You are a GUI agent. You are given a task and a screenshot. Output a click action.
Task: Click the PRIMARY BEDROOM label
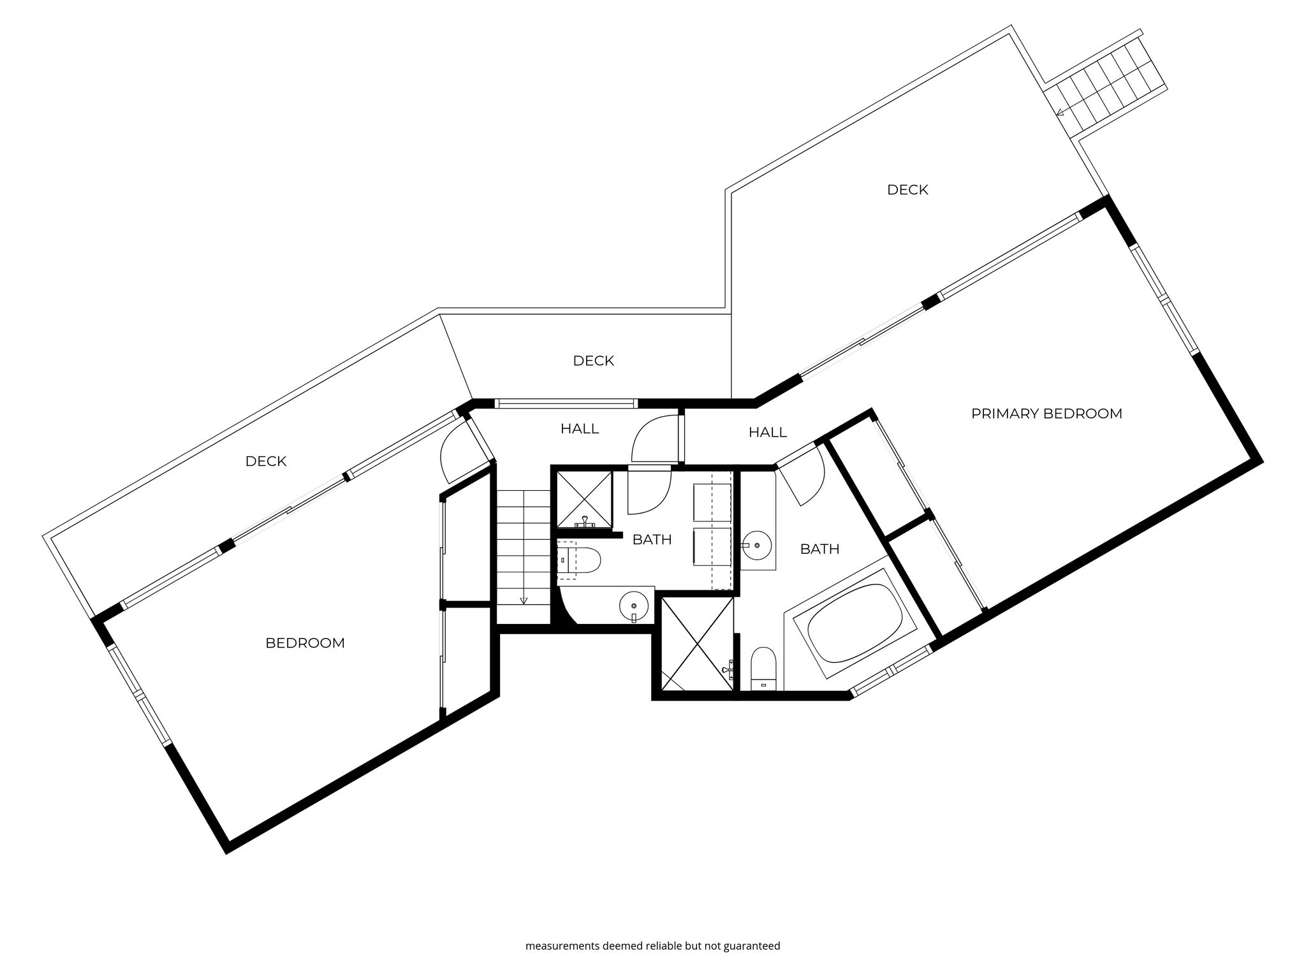click(1046, 414)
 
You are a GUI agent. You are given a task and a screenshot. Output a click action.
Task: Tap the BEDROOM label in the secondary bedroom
click(305, 643)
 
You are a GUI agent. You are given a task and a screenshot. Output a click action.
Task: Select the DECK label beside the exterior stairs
click(907, 190)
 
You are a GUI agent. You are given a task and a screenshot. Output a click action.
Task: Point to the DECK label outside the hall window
click(593, 361)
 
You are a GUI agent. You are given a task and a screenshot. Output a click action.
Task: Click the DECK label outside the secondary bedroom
click(266, 461)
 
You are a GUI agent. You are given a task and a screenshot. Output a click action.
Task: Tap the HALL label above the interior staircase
click(580, 429)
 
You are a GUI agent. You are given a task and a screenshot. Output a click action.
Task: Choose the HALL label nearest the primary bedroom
click(768, 433)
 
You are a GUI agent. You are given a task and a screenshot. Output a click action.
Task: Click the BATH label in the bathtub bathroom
click(820, 549)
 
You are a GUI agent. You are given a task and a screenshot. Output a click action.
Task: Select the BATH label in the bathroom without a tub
click(652, 540)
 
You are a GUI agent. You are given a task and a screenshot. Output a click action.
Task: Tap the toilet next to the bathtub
click(763, 669)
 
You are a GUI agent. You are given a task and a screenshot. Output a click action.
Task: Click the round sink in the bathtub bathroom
click(757, 546)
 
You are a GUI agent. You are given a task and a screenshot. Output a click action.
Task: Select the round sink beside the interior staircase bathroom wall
click(634, 603)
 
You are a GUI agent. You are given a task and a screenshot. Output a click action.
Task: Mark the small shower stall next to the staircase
click(584, 499)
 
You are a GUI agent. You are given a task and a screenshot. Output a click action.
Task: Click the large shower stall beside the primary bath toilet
click(698, 644)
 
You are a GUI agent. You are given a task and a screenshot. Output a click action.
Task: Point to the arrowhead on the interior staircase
click(524, 600)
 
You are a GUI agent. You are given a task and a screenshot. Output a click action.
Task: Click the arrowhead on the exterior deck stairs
click(1060, 113)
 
